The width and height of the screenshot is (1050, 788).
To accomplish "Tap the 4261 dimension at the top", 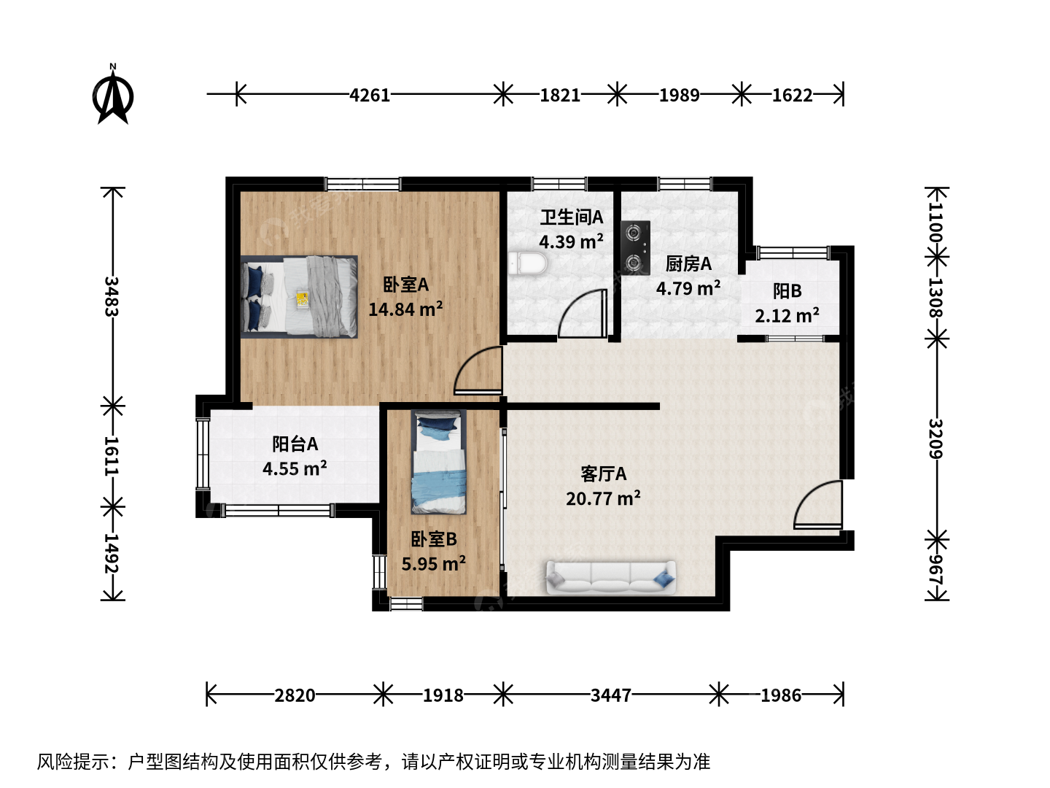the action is [369, 95].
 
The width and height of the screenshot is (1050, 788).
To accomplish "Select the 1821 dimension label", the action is [560, 95].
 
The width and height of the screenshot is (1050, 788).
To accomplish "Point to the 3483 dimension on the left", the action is [112, 296].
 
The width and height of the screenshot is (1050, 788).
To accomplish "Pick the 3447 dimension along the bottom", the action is [611, 695].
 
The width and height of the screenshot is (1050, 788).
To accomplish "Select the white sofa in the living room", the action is [611, 578].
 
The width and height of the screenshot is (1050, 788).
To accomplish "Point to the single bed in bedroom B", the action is [439, 462].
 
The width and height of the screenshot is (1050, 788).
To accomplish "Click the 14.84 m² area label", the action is [405, 309].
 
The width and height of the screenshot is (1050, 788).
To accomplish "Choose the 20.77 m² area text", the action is [603, 498].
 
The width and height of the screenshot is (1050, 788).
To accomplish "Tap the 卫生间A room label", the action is [572, 217].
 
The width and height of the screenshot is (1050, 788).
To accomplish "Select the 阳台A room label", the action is [295, 444].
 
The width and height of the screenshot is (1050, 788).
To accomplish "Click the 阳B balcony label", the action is [787, 291].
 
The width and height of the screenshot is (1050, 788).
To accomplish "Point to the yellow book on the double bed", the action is [302, 299].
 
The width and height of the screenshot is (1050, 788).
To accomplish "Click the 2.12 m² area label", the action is [787, 315].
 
